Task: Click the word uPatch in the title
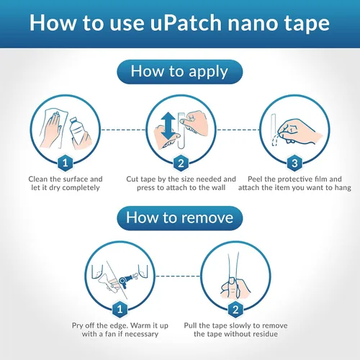(x=186, y=23)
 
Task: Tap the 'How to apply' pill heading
(x=180, y=72)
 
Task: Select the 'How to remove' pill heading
(x=180, y=218)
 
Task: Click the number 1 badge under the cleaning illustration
(x=65, y=163)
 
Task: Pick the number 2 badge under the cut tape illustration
(x=181, y=163)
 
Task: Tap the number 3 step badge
(x=294, y=163)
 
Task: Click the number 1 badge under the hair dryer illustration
(x=120, y=310)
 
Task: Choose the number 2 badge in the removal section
(x=235, y=310)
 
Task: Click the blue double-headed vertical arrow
(x=168, y=126)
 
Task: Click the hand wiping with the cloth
(x=51, y=129)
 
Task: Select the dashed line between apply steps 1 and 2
(x=123, y=130)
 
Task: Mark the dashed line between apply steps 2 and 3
(x=238, y=130)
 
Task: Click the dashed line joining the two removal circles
(x=178, y=276)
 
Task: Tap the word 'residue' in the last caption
(x=265, y=334)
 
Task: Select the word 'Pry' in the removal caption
(x=77, y=325)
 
